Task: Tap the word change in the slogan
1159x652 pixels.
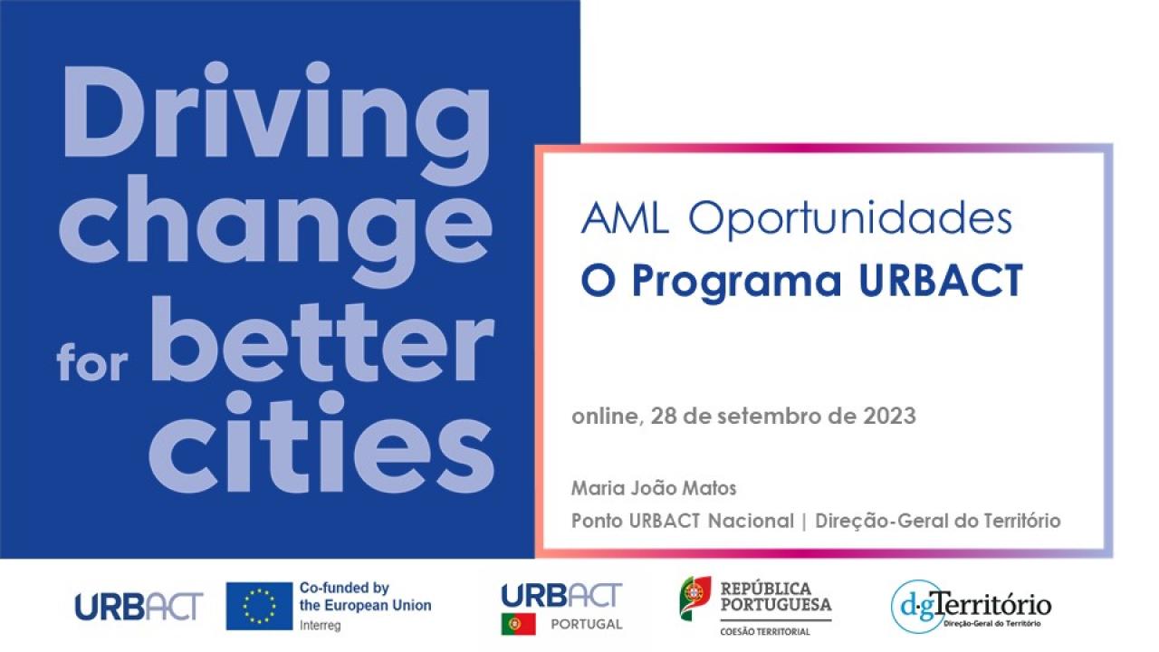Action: click(275, 230)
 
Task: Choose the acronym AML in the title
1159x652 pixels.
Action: click(624, 218)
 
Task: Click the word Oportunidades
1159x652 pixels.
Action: click(849, 218)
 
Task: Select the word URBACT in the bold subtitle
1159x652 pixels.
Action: click(941, 280)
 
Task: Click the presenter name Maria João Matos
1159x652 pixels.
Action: click(654, 488)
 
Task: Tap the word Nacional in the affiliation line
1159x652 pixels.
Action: click(751, 521)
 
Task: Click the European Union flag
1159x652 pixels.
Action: click(259, 606)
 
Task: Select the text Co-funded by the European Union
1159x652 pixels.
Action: click(365, 597)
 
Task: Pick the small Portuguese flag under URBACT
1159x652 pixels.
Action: click(519, 624)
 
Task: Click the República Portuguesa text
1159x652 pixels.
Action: click(776, 596)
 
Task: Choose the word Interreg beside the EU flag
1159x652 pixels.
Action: click(321, 626)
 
